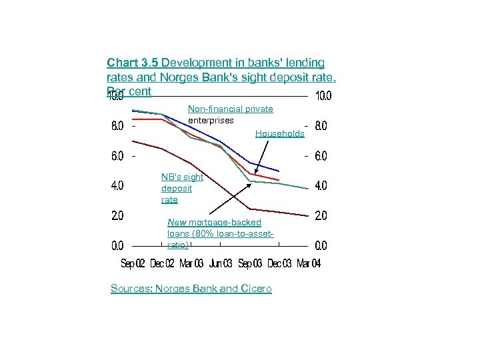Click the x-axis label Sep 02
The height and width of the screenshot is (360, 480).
click(x=133, y=263)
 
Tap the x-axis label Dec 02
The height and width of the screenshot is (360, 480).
click(x=162, y=263)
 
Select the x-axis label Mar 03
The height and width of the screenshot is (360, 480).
click(x=191, y=263)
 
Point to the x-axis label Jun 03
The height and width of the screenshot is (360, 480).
click(x=220, y=263)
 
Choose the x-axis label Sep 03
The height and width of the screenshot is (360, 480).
click(x=249, y=263)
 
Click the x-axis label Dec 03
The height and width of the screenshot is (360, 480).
click(x=279, y=263)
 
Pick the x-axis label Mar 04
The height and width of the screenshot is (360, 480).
click(x=309, y=263)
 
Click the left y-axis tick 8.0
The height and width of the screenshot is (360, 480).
click(x=117, y=126)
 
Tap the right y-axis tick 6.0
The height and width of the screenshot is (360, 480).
click(x=321, y=156)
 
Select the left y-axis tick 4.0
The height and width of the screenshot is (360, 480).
click(x=117, y=186)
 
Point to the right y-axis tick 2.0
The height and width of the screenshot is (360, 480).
click(x=321, y=216)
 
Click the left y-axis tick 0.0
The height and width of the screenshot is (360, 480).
click(x=117, y=246)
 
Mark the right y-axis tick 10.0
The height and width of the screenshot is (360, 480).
click(x=323, y=96)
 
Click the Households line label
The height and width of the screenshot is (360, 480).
click(x=279, y=134)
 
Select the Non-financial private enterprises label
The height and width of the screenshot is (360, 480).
click(x=230, y=114)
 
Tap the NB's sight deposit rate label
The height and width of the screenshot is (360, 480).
click(x=181, y=188)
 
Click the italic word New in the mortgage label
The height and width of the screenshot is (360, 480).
click(x=177, y=222)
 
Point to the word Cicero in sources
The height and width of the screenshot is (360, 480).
click(x=255, y=289)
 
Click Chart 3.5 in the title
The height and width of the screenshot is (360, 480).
click(x=133, y=63)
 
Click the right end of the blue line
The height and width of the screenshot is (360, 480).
click(x=279, y=171)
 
